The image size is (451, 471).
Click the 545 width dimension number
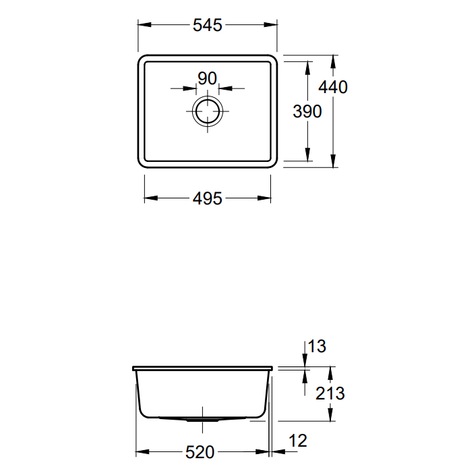coord(208,25)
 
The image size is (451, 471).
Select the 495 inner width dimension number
coord(208,198)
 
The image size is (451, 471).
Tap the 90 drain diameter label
coord(207,78)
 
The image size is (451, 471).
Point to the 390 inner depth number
coord(307,111)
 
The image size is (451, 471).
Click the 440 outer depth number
coord(333,87)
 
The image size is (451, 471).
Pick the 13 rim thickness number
coord(317,346)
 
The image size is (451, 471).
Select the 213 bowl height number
coord(330,393)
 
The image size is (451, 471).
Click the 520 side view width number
coord(200,452)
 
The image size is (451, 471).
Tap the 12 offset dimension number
coord(298,441)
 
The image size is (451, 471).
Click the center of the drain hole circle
coord(208,111)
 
